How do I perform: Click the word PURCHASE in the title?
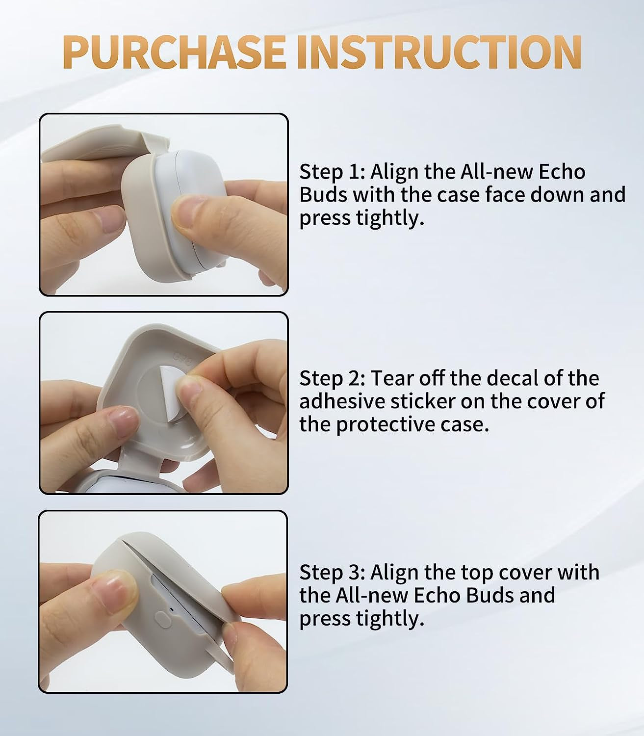pyautogui.click(x=174, y=52)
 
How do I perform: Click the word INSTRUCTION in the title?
pyautogui.click(x=439, y=52)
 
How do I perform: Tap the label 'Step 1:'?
pyautogui.click(x=332, y=172)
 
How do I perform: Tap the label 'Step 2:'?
pyautogui.click(x=332, y=378)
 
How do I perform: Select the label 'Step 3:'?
pyautogui.click(x=332, y=572)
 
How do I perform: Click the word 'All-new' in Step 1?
pyautogui.click(x=496, y=172)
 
